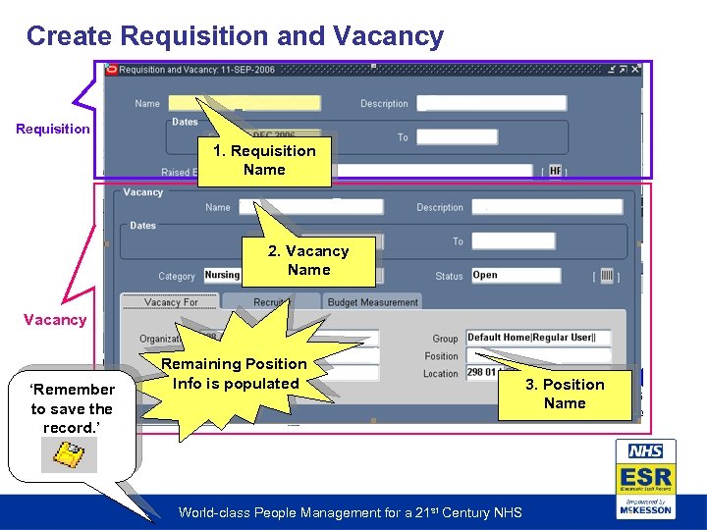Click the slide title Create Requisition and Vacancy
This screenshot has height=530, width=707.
pyautogui.click(x=235, y=36)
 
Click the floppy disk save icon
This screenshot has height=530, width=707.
pyautogui.click(x=69, y=454)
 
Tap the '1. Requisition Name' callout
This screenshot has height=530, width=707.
pyautogui.click(x=265, y=160)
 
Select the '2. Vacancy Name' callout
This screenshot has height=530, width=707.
pyautogui.click(x=308, y=260)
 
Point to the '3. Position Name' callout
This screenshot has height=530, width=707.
pyautogui.click(x=565, y=394)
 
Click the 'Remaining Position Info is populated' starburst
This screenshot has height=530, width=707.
pyautogui.click(x=236, y=373)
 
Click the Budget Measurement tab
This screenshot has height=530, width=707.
pyautogui.click(x=372, y=302)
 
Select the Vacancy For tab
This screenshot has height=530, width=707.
pyautogui.click(x=171, y=302)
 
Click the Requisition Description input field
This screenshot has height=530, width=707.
pyautogui.click(x=491, y=103)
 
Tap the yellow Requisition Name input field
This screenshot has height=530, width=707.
pyautogui.click(x=244, y=102)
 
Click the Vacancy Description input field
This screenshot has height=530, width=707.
pyautogui.click(x=546, y=207)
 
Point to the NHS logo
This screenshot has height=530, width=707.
pyautogui.click(x=645, y=451)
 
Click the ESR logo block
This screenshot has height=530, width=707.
pyautogui.click(x=645, y=479)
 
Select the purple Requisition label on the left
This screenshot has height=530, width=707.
pyautogui.click(x=53, y=129)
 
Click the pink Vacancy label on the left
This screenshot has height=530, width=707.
pyautogui.click(x=55, y=320)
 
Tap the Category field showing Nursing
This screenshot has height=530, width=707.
pyautogui.click(x=223, y=276)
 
